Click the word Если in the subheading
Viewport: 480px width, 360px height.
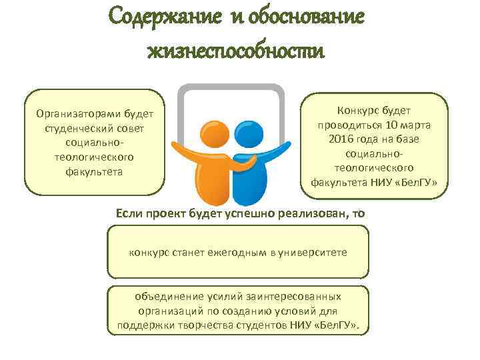click(129, 213)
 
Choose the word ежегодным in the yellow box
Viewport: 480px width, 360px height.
click(236, 254)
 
